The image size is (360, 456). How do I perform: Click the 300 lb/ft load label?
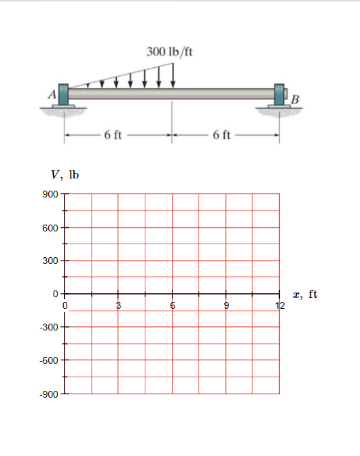[169, 52]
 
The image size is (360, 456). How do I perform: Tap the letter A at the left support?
[52, 94]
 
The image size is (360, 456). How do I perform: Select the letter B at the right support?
[295, 100]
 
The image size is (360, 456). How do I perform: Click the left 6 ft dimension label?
[113, 135]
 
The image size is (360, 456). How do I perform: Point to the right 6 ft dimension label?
[221, 135]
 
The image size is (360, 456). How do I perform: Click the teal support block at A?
[63, 94]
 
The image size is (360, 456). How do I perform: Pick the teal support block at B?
[279, 94]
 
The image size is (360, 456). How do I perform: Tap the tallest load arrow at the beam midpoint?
[173, 75]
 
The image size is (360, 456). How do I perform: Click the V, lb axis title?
[65, 175]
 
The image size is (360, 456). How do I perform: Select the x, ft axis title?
[305, 294]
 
